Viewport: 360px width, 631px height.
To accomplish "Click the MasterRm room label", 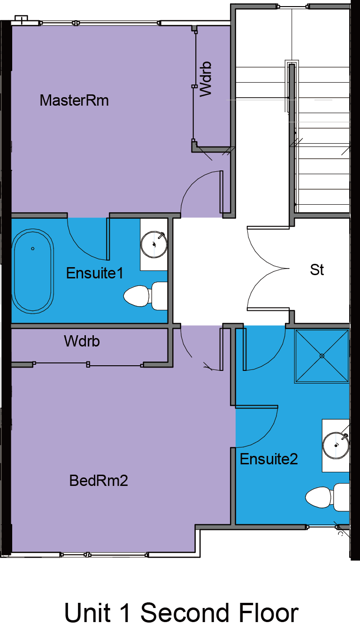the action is point(74,100).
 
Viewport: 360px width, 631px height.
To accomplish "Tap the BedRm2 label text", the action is point(99,481).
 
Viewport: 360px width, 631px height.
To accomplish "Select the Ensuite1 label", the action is point(95,273).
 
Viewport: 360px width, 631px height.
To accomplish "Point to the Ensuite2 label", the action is point(269,459).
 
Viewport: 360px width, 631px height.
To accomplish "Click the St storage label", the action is point(317,269).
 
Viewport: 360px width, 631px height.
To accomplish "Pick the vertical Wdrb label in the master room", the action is point(206,79).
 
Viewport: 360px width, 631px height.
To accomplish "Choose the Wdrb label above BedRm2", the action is point(82,341).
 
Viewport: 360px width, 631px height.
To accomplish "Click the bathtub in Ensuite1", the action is point(33,271).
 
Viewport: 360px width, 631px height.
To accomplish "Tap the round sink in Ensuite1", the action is point(154,244).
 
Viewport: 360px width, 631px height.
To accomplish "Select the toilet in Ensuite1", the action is point(146,296).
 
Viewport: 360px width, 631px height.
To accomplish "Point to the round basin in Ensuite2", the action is point(336,446).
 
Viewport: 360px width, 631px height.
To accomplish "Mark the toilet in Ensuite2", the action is point(327,497).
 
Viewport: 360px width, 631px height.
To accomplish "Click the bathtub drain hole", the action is point(33,248).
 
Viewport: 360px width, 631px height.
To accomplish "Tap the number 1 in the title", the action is point(126,613).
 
